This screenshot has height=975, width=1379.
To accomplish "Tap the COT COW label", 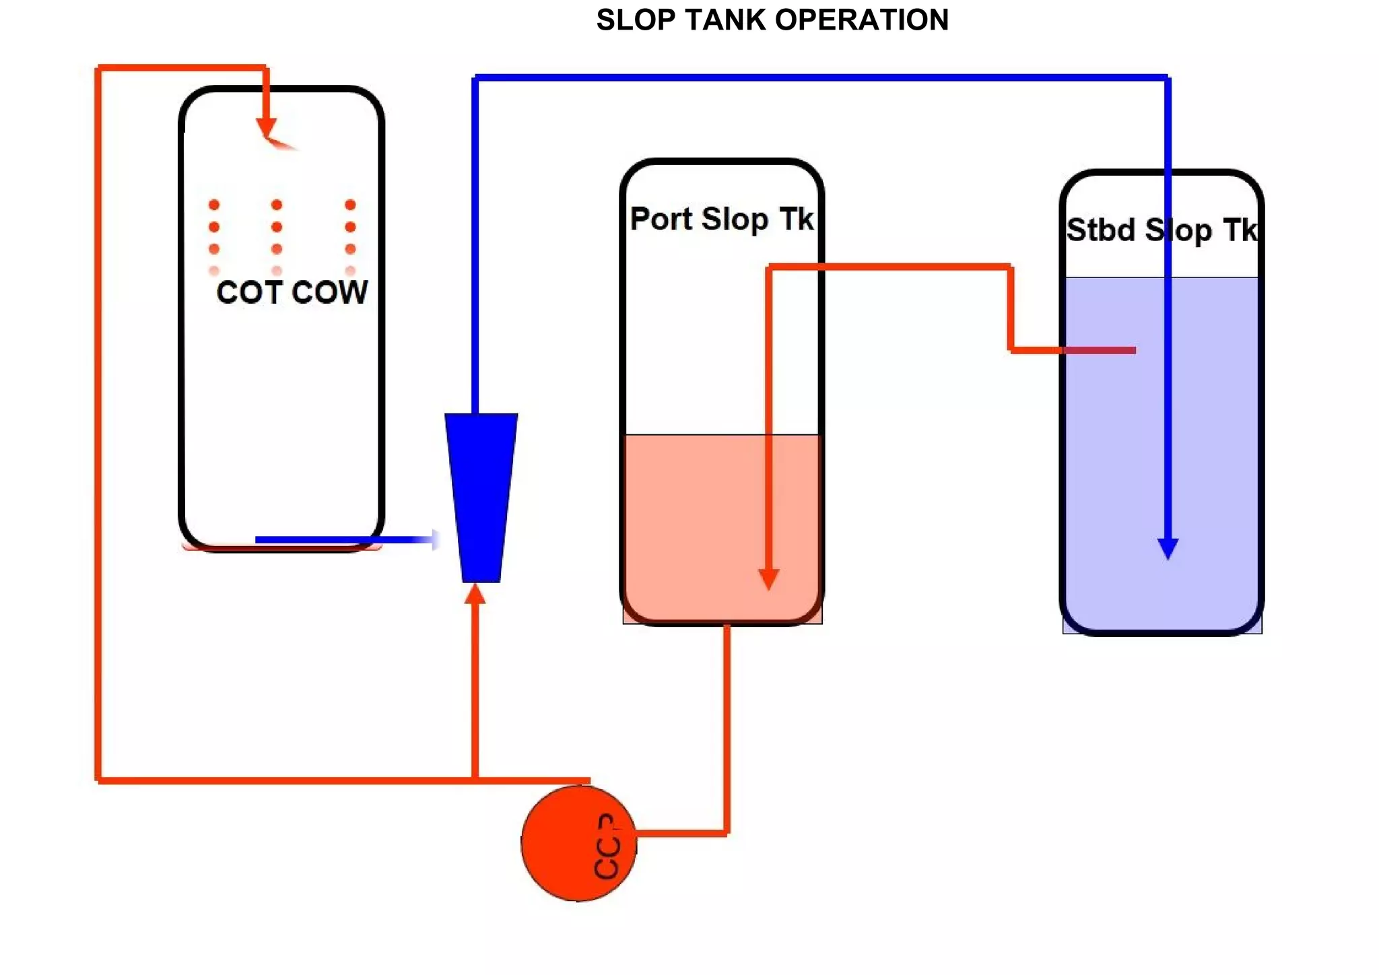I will [292, 292].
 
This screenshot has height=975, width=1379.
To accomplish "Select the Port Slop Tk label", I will [721, 220].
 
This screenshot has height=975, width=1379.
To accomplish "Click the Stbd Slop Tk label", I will [1162, 230].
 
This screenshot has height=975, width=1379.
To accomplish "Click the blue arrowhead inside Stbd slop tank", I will [1168, 548].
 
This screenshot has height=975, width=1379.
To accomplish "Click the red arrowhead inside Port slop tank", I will [768, 578].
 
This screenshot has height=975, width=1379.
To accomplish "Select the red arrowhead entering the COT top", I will [266, 126].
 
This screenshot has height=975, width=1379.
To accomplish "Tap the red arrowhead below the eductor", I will [475, 594].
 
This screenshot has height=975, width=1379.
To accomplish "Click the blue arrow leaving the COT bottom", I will [343, 539].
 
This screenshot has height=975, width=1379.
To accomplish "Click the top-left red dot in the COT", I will [214, 205].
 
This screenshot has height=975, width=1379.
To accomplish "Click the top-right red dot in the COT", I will [350, 205].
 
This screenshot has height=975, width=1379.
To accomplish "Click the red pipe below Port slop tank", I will [727, 727].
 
